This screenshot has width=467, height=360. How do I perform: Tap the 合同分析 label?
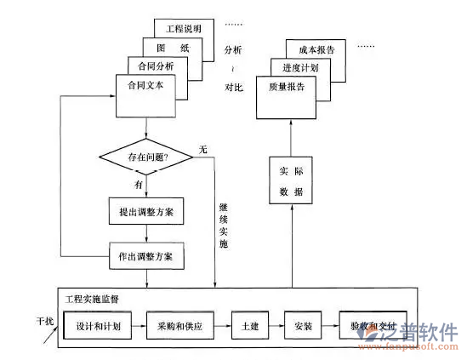tap(151, 66)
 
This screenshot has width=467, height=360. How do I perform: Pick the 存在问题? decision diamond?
tap(146, 157)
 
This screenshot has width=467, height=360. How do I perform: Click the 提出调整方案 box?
tap(146, 209)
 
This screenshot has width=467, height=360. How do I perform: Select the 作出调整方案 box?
tap(146, 254)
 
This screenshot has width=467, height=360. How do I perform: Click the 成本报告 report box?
tap(316, 50)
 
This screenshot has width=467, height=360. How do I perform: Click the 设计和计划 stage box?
tap(98, 326)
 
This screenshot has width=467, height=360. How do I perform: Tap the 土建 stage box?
tap(249, 326)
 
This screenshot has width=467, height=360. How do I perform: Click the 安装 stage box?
tap(303, 326)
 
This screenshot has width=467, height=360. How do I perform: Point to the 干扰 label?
tap(44, 321)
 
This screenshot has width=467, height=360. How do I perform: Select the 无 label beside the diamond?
tap(202, 150)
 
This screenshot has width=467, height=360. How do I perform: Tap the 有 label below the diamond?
tap(138, 182)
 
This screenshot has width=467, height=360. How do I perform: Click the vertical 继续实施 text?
tap(223, 226)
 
